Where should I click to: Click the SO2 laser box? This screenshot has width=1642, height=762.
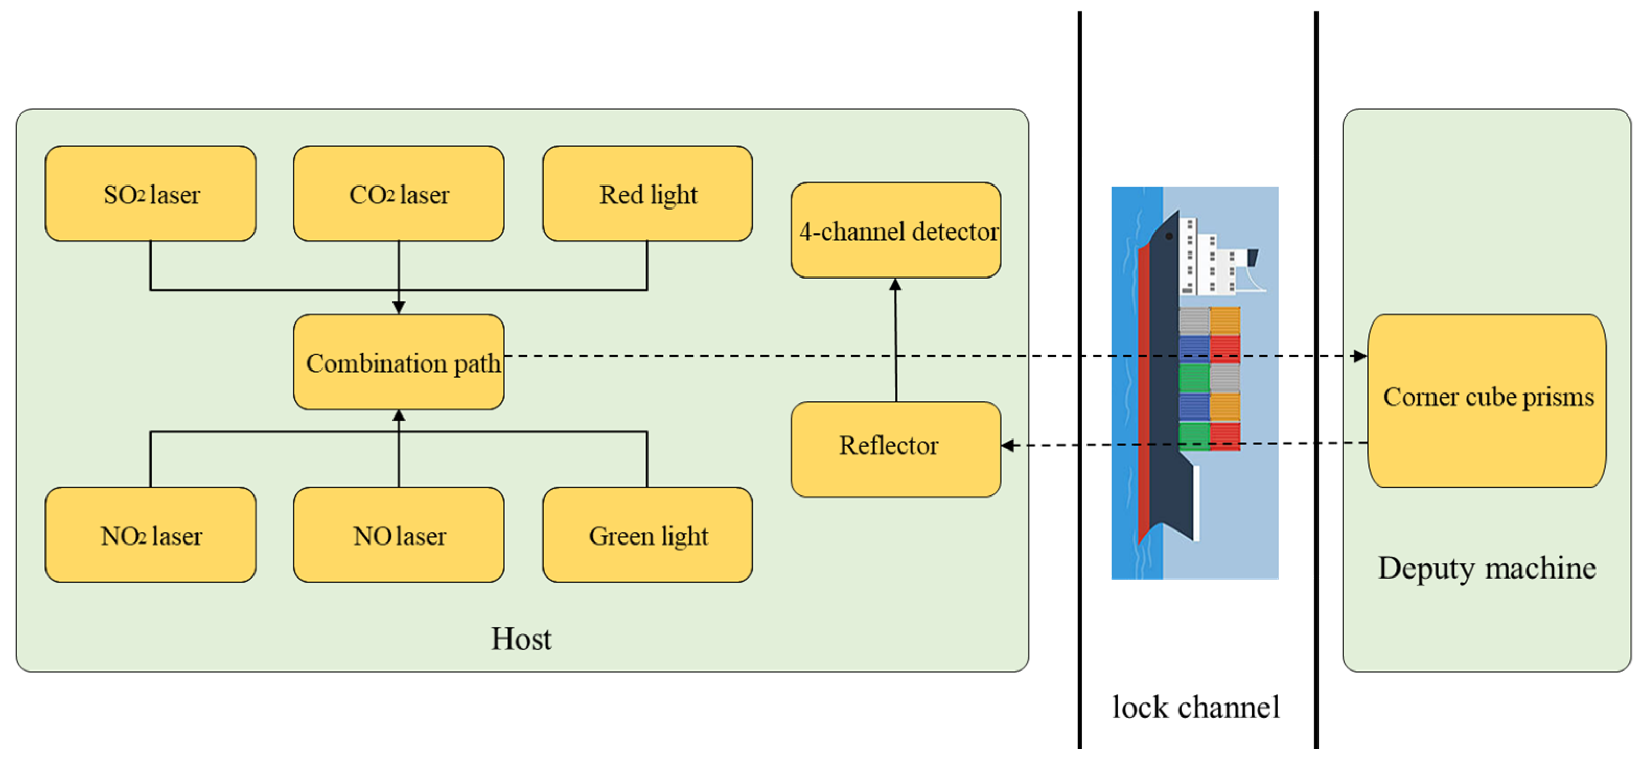click(151, 194)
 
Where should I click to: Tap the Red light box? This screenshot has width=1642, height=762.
click(647, 194)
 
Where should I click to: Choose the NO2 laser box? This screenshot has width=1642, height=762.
click(151, 535)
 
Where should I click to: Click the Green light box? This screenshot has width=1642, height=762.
click(647, 535)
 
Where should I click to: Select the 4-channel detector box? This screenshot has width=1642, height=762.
click(896, 231)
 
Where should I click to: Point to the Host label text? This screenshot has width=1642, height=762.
click(521, 638)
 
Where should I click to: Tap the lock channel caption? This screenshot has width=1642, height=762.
click(1195, 707)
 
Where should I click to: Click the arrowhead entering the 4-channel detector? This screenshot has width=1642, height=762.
click(896, 285)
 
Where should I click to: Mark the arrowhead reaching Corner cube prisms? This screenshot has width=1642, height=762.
click(1360, 356)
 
